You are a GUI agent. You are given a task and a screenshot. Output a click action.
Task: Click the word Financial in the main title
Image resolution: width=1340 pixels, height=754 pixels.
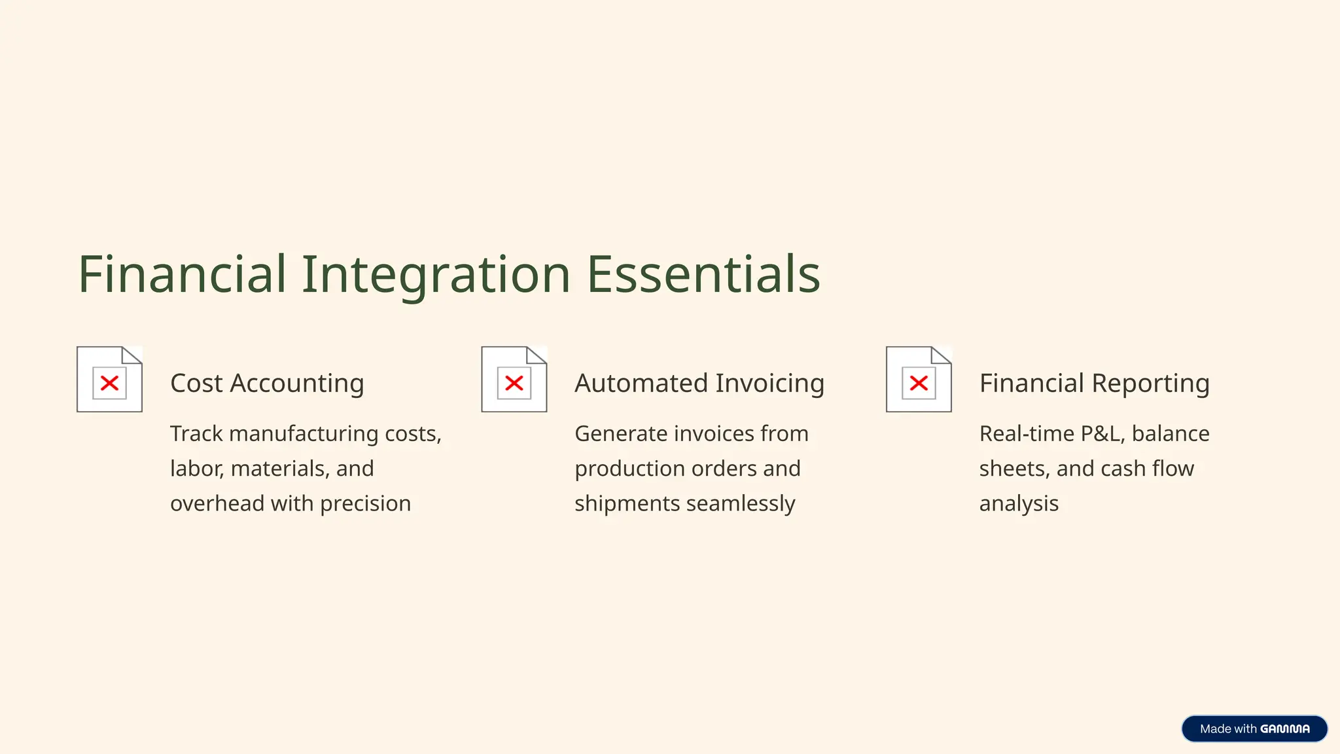(x=182, y=274)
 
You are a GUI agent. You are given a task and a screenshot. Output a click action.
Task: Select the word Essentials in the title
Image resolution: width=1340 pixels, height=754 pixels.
(x=703, y=274)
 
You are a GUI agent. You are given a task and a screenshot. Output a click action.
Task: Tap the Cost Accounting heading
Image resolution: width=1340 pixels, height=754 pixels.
(x=267, y=384)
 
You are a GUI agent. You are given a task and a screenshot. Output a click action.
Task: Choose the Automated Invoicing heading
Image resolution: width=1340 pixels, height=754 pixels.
(x=699, y=384)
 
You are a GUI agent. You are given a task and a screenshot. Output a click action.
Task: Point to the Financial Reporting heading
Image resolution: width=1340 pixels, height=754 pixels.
(x=1094, y=384)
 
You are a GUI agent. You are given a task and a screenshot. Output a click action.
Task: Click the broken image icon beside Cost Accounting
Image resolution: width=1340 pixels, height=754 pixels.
(x=109, y=380)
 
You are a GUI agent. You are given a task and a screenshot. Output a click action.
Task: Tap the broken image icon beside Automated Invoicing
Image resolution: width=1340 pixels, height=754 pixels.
(x=514, y=380)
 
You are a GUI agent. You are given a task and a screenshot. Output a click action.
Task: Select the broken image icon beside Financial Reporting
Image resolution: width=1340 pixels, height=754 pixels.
(x=919, y=380)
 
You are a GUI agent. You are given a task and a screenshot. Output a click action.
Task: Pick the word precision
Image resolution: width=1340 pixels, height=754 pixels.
(x=365, y=504)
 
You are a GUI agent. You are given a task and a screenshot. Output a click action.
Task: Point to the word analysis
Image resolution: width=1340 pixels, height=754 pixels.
(x=1019, y=504)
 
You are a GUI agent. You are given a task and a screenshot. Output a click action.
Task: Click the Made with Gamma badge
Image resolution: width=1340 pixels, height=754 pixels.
(x=1254, y=728)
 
